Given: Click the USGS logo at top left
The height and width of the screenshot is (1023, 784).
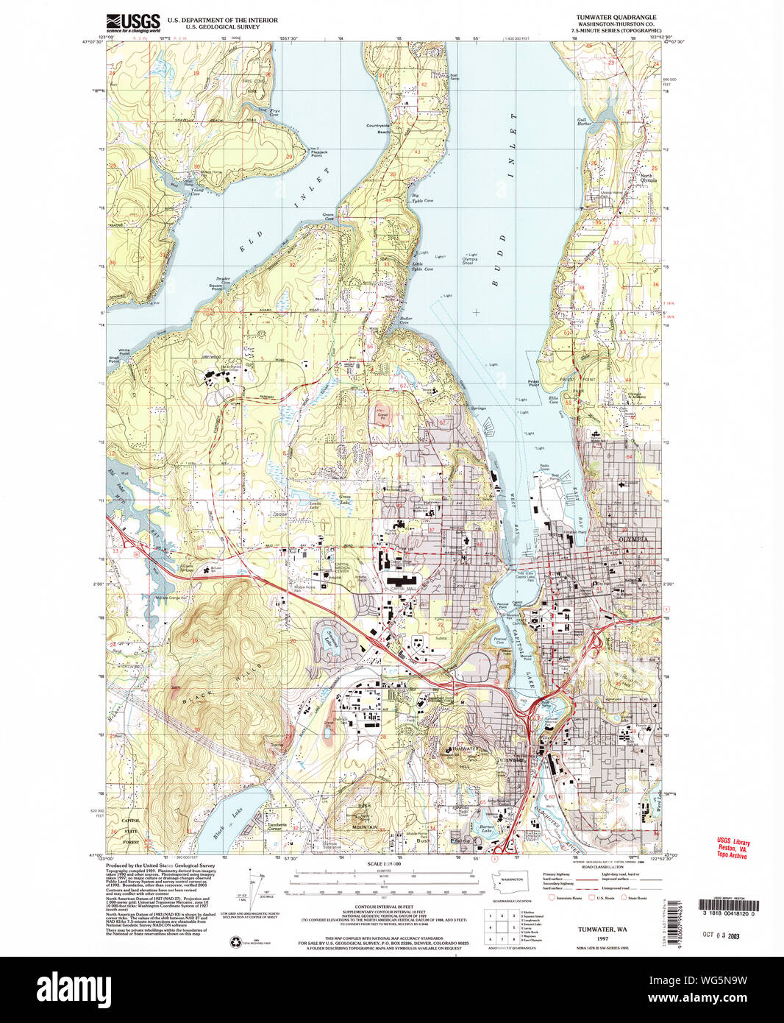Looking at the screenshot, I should [133, 22].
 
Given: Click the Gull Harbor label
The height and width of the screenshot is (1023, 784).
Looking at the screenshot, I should [585, 121].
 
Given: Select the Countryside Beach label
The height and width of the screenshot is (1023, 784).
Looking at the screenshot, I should [378, 128].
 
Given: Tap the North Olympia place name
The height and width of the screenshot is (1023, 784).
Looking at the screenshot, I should [646, 177].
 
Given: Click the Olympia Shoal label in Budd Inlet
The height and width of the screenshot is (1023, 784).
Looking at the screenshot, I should [469, 261].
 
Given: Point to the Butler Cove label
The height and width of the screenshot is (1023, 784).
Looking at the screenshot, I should [405, 321].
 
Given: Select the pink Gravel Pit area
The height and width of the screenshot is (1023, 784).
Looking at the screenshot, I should [382, 417].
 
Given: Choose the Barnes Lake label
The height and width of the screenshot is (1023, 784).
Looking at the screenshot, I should [486, 827].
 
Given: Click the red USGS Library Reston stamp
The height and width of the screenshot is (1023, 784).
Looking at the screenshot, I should [733, 849].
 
